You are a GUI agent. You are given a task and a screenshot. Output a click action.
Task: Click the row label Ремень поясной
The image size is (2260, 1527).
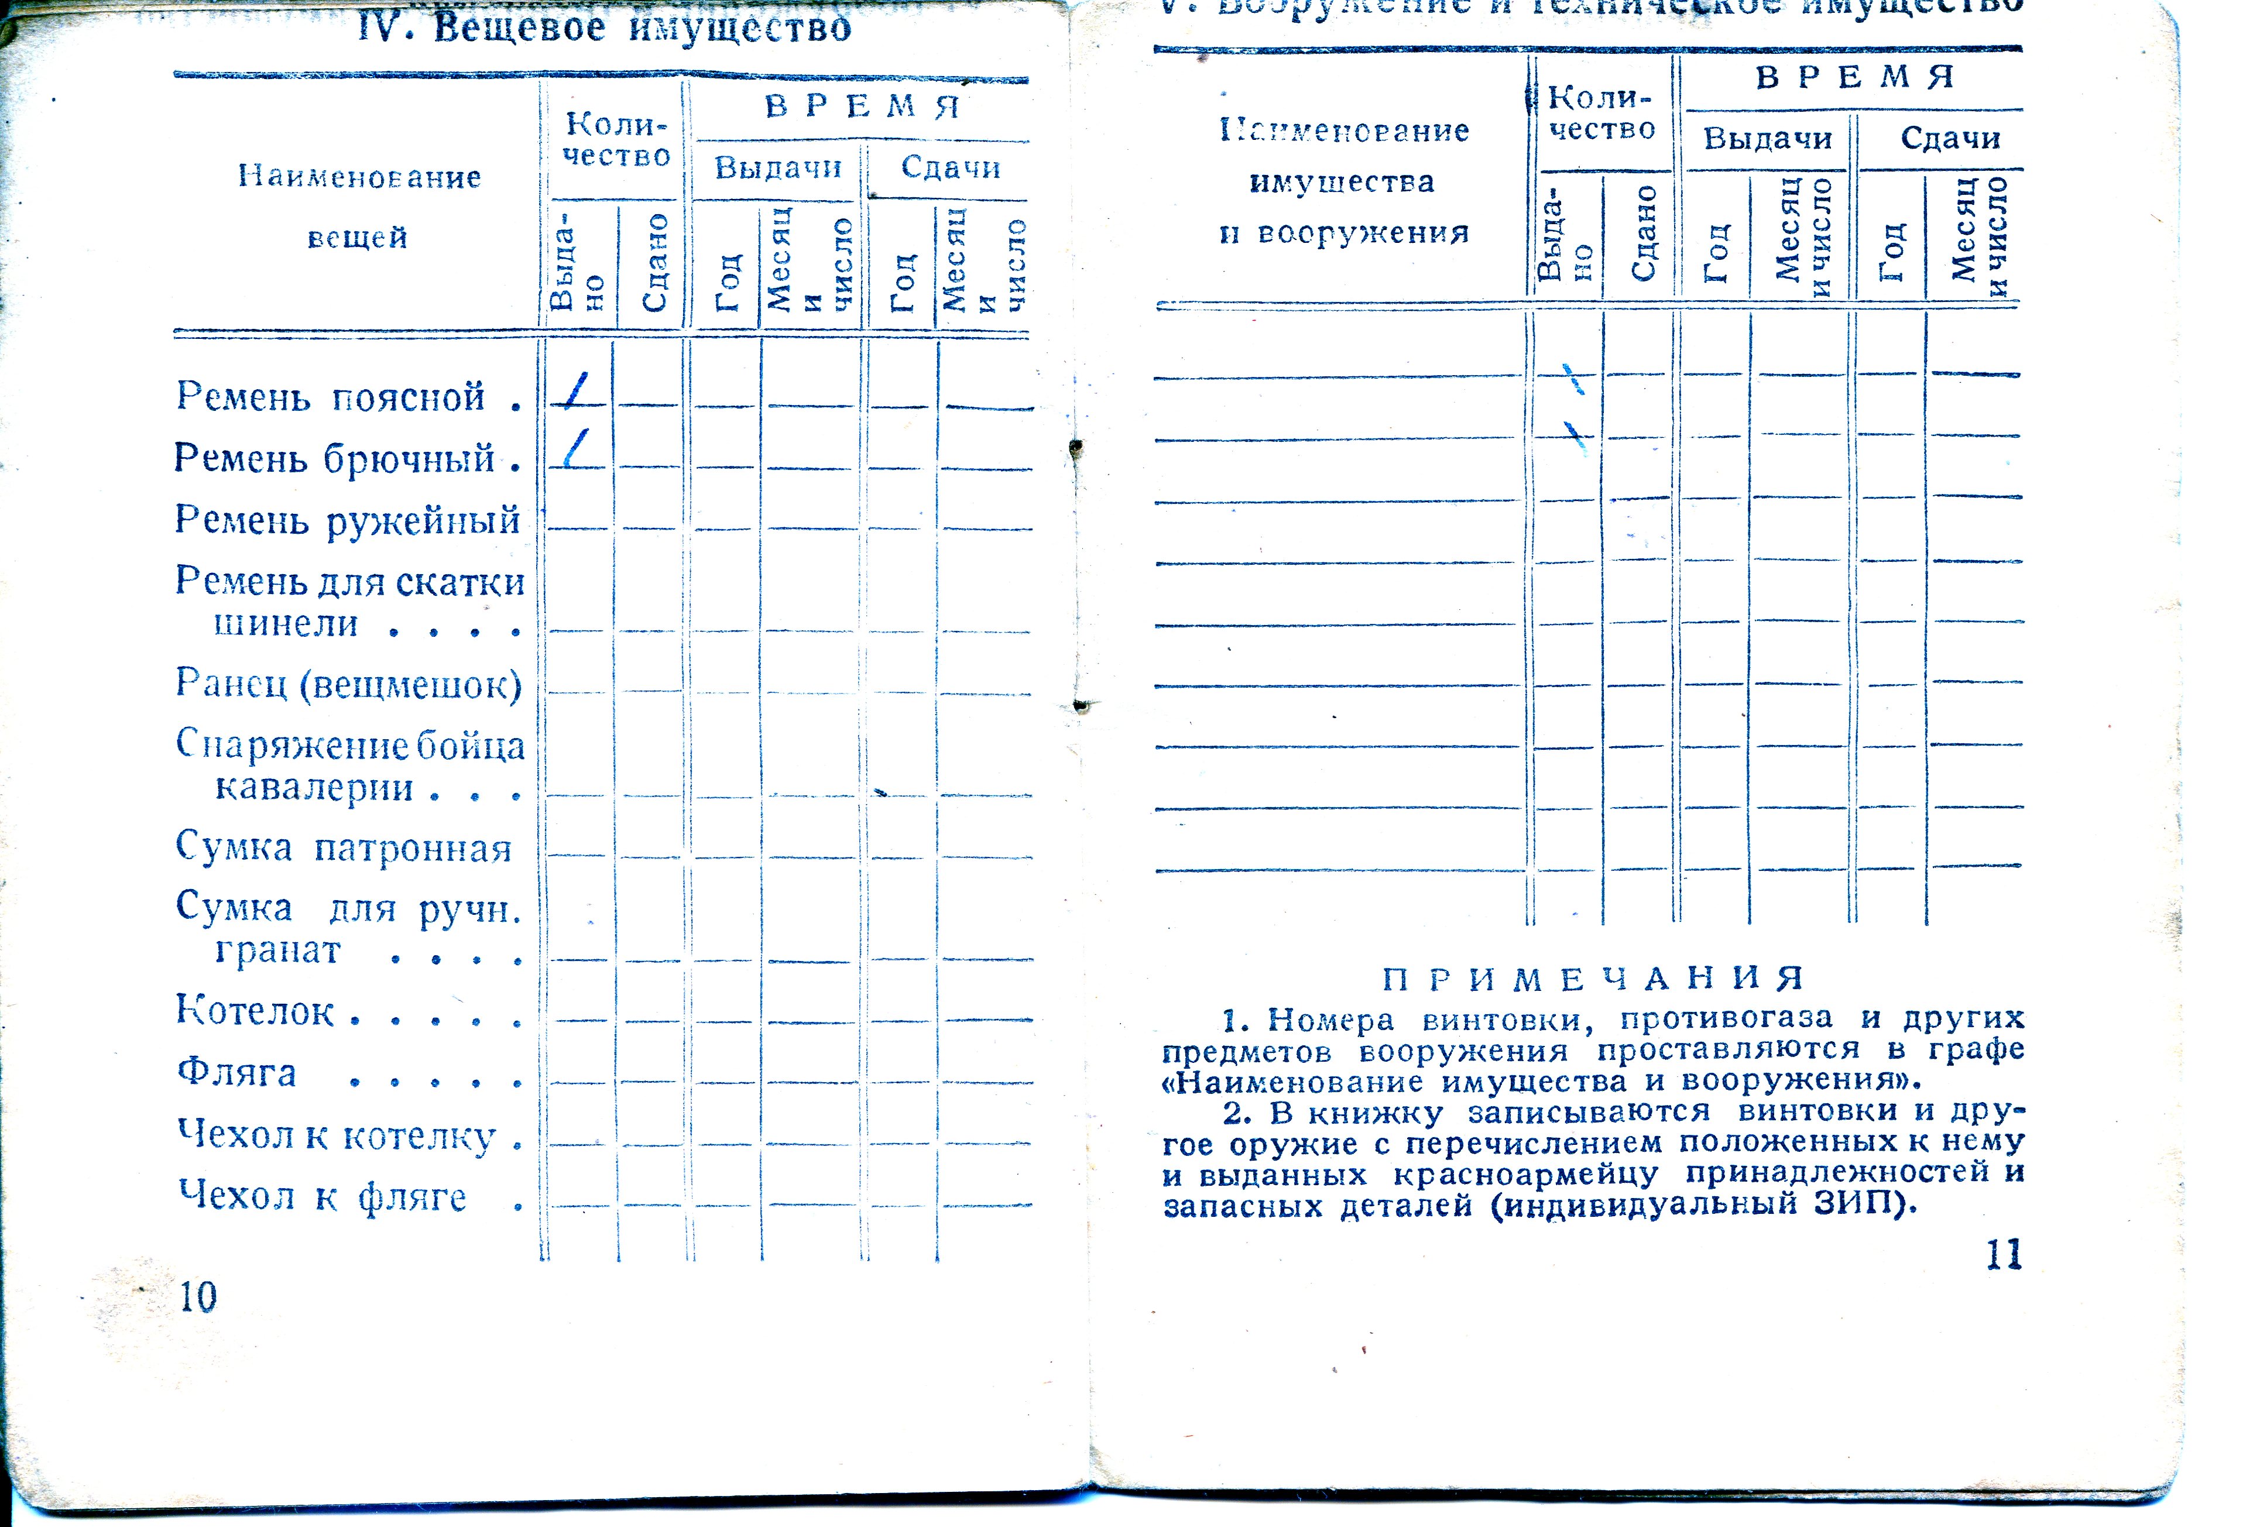[331, 397]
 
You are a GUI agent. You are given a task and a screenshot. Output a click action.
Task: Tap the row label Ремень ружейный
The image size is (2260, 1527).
[347, 520]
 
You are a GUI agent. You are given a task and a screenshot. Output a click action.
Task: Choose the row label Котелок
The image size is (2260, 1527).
[255, 1011]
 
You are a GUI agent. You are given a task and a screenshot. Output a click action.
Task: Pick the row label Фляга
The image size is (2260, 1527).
[236, 1073]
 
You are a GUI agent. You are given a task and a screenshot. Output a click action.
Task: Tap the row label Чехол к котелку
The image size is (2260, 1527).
[337, 1135]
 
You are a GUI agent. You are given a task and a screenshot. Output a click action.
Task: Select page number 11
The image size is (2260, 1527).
[2004, 1255]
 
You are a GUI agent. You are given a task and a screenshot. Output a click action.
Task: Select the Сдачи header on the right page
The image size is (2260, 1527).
[1950, 138]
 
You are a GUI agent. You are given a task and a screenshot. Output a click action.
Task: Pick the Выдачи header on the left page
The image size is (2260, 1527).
[778, 167]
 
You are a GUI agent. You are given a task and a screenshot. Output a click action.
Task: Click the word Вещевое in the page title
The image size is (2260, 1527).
[519, 28]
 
